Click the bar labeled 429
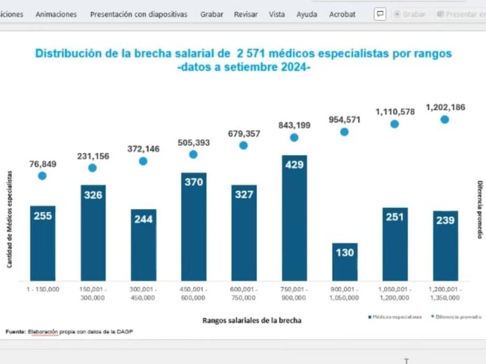click(x=294, y=217)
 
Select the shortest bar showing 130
click(x=344, y=261)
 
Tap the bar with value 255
click(x=42, y=243)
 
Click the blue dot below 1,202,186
click(x=445, y=119)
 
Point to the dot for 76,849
click(x=42, y=176)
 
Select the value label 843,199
click(x=294, y=125)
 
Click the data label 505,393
click(x=193, y=143)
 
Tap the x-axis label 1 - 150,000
click(x=42, y=289)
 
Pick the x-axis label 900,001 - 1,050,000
click(x=344, y=293)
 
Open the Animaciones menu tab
click(x=56, y=14)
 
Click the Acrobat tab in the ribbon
click(x=342, y=14)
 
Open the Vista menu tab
click(x=277, y=14)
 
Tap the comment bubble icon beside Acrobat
click(x=380, y=14)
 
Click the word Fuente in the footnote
click(x=15, y=332)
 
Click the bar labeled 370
click(x=193, y=226)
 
